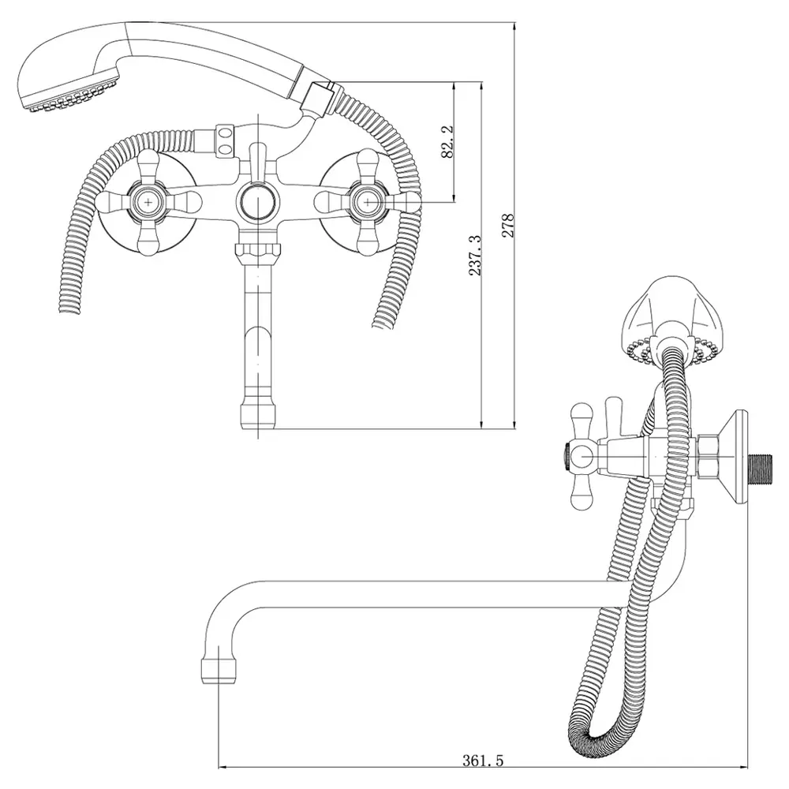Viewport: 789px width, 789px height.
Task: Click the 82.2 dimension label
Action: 447,142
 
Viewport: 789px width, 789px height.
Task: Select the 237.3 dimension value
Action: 476,255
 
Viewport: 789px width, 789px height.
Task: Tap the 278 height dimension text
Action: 508,226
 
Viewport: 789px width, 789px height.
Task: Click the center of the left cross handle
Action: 149,202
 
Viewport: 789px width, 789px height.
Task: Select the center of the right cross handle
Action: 368,202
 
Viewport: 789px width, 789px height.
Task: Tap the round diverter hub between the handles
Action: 256,202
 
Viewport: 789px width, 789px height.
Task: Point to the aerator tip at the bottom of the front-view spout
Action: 257,413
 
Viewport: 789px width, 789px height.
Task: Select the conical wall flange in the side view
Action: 737,457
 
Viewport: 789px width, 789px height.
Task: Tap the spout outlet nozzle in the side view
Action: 219,669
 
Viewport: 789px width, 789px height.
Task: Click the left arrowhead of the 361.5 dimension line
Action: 222,768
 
